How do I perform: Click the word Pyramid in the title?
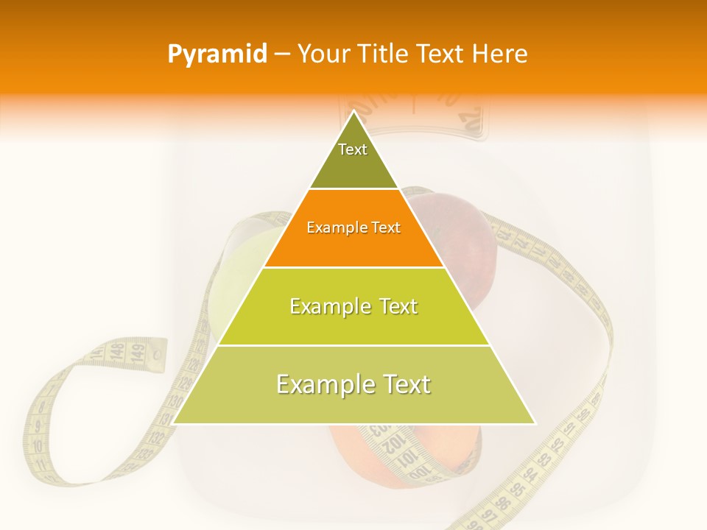point(217,54)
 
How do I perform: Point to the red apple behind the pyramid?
point(471,236)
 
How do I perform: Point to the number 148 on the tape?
point(117,352)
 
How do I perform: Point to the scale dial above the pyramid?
point(412,118)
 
